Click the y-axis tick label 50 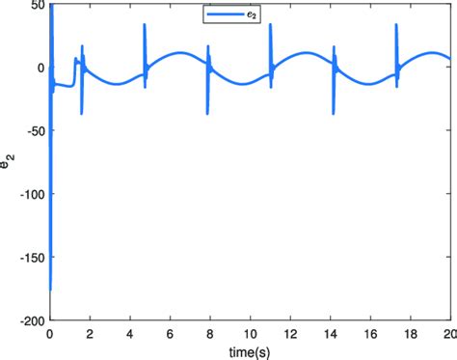(36, 6)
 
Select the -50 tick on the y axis (33, 131)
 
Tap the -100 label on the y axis (30, 194)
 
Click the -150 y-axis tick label (30, 258)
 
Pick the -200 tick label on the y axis (30, 320)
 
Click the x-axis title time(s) (250, 349)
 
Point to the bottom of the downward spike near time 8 (207, 114)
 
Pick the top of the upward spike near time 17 (396, 25)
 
